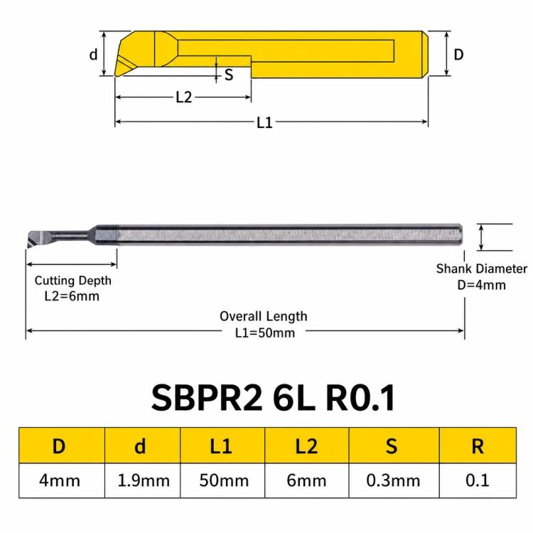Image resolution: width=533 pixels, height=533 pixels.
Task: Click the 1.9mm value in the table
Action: tap(144, 480)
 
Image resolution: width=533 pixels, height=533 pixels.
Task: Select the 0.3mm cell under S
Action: tap(393, 480)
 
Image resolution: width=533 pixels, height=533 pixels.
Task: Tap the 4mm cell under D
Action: tap(60, 480)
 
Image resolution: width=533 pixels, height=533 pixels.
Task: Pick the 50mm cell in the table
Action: tap(224, 480)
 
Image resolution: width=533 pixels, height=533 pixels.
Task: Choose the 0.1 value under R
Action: tap(478, 480)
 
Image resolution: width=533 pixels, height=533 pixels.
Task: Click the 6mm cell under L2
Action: tap(306, 480)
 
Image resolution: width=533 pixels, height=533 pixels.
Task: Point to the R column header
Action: tap(478, 446)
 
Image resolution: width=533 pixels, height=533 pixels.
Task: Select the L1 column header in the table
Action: tap(221, 446)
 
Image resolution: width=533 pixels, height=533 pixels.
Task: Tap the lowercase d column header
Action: tap(140, 446)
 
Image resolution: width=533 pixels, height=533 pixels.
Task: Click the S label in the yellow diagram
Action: tap(229, 75)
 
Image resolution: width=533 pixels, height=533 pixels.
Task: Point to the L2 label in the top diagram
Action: tap(184, 97)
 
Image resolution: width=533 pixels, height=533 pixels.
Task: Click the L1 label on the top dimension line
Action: tap(264, 123)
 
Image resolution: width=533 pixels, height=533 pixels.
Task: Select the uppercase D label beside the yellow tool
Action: tap(458, 55)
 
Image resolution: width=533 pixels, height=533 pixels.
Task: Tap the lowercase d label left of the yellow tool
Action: tap(93, 55)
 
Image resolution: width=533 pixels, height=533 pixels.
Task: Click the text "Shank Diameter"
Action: tap(482, 269)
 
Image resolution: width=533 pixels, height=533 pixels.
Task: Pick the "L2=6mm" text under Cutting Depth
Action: tap(72, 296)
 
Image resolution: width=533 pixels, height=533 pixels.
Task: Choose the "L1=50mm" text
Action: tap(265, 333)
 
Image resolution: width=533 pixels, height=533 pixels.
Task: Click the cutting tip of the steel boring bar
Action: tap(28, 247)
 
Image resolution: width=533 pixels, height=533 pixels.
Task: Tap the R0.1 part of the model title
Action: tap(360, 398)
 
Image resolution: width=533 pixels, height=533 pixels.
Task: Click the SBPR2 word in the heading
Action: tap(207, 398)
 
